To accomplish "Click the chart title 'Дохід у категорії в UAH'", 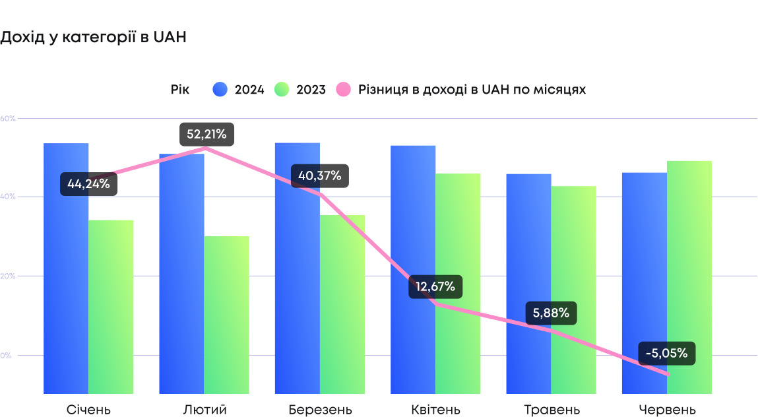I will click(x=93, y=38).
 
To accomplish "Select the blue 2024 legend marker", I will click(x=220, y=90).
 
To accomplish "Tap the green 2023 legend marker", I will click(x=282, y=90).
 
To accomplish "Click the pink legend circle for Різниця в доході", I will click(x=344, y=90).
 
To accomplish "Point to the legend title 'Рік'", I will click(x=180, y=90).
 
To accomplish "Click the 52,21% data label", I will click(x=206, y=135).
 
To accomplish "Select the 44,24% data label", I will click(x=88, y=184).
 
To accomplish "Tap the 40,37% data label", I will click(x=319, y=176).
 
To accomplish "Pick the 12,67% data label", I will click(x=435, y=287).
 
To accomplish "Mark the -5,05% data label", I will click(x=666, y=353).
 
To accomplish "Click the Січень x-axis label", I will click(x=88, y=410).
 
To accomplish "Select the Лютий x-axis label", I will click(x=205, y=410).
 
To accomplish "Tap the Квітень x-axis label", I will click(x=435, y=410).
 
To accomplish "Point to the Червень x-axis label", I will click(x=667, y=410).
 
